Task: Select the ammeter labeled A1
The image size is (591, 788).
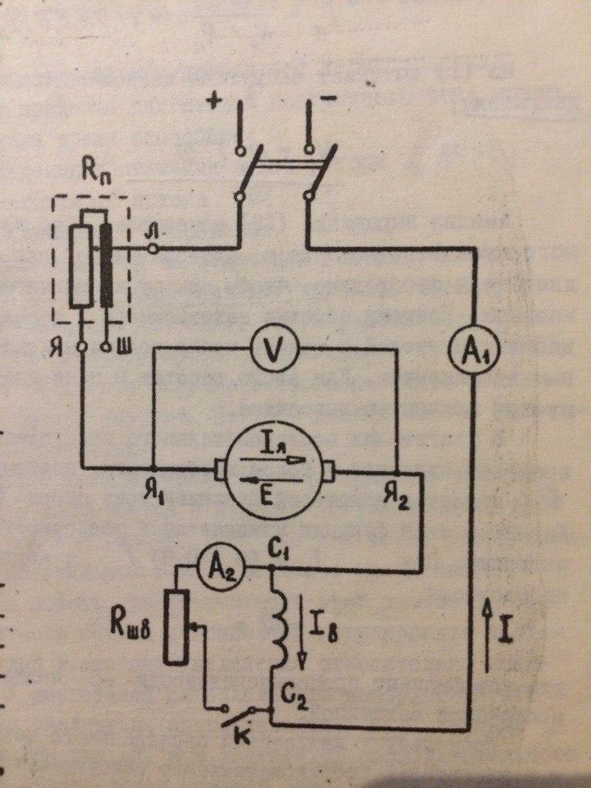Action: [x=474, y=354]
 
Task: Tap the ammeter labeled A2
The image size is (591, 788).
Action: [x=216, y=567]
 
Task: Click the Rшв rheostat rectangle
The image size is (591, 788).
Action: [x=174, y=623]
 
